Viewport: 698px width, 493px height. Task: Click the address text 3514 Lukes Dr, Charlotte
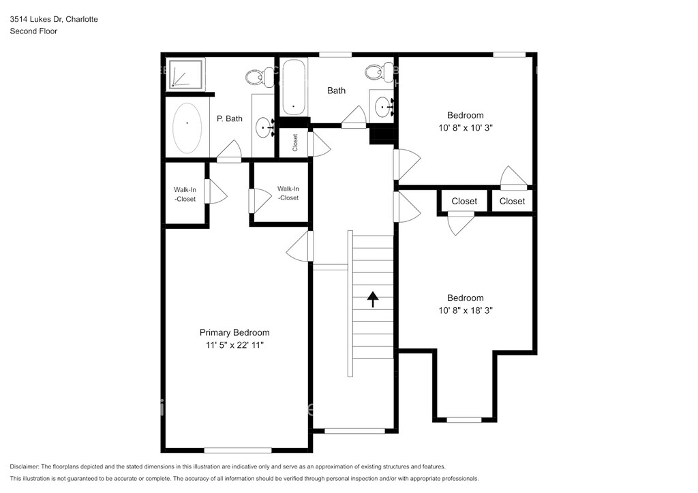(54, 19)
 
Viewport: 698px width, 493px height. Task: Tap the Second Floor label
(33, 31)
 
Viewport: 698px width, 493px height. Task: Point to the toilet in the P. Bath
(260, 77)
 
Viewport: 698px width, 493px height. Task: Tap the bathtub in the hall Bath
(293, 86)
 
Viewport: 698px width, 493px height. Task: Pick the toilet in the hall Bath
(379, 71)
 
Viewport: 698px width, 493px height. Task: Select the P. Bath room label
(230, 118)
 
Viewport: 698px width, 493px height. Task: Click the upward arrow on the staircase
(373, 299)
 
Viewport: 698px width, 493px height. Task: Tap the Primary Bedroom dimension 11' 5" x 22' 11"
(234, 345)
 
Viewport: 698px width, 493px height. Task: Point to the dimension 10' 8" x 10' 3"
(465, 127)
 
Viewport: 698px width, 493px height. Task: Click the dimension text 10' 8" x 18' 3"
(465, 311)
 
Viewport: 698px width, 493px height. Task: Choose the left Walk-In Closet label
(185, 194)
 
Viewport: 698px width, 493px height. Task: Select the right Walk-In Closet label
(288, 193)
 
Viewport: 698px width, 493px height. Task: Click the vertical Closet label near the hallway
(294, 143)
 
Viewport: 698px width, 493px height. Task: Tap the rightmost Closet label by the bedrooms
(512, 202)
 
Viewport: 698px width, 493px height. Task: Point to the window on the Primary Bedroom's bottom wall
(238, 450)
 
